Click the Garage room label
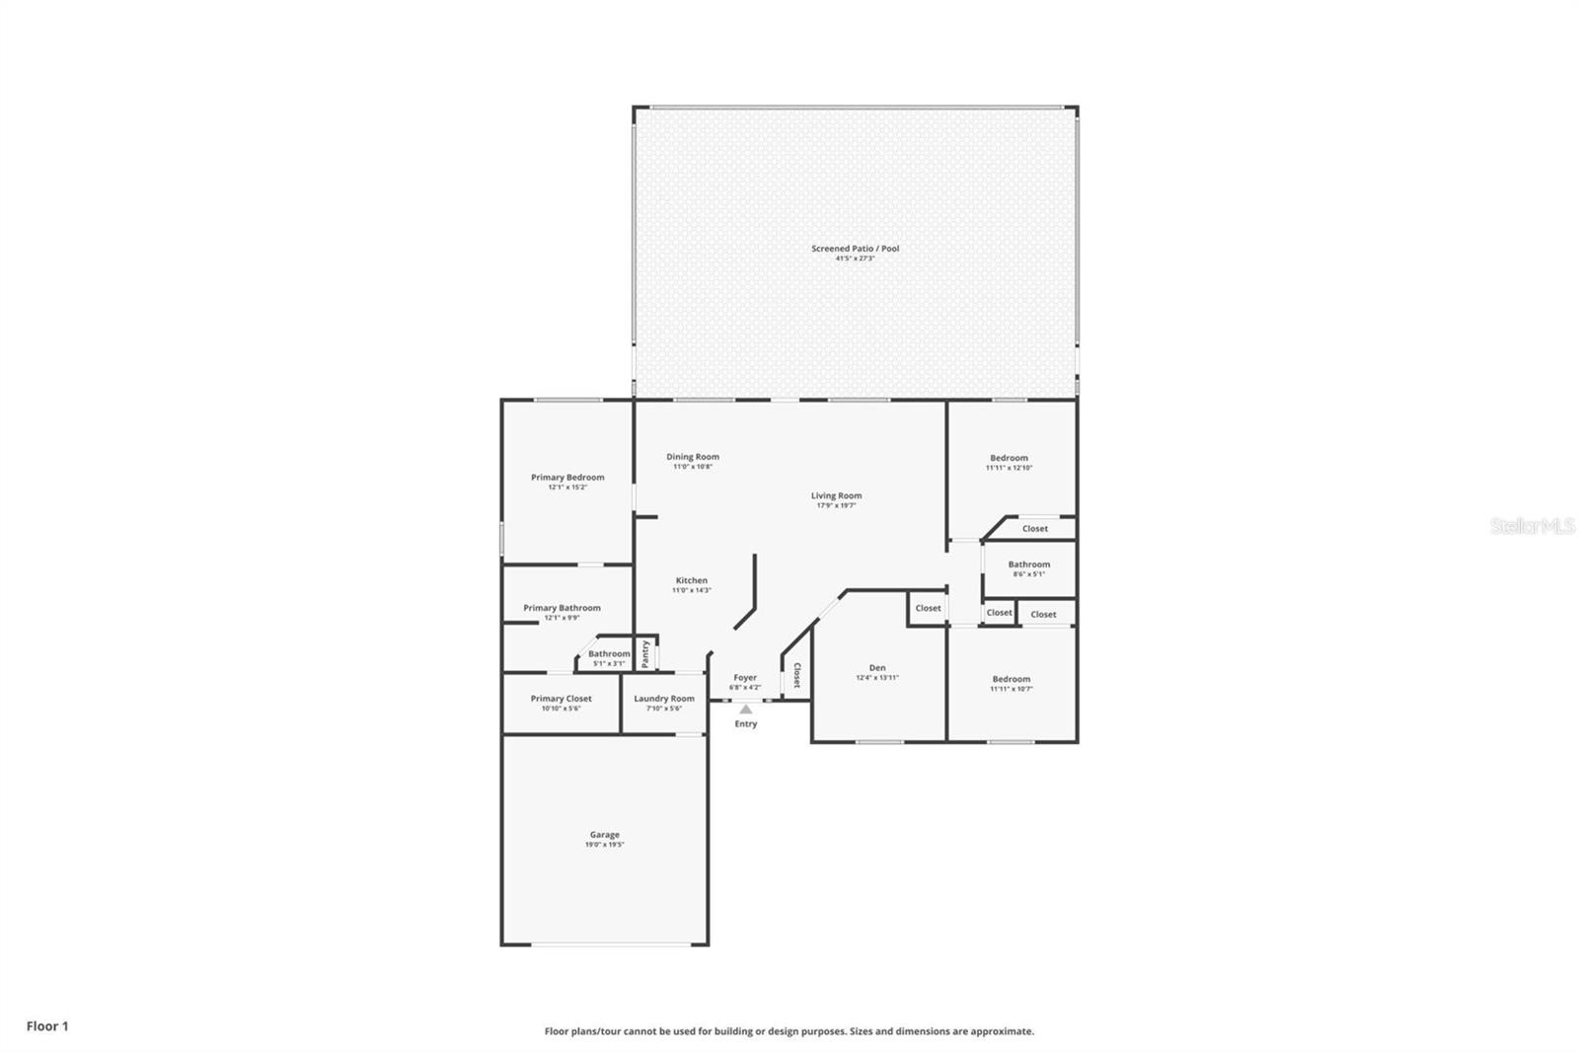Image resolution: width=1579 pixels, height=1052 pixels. coord(604,835)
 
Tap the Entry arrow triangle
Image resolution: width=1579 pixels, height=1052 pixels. coord(746,709)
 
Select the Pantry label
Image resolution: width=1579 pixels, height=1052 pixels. coord(645,653)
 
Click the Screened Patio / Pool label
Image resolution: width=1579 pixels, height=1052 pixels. coord(855,249)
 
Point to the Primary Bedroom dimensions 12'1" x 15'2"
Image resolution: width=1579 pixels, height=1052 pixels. coord(567,488)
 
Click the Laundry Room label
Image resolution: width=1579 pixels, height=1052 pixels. coord(663,699)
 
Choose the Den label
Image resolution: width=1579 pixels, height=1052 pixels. coord(876,668)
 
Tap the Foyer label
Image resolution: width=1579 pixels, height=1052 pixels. coord(745,678)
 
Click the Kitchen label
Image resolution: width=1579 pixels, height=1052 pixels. coord(691,581)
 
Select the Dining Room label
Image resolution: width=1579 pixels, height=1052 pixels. coord(692,457)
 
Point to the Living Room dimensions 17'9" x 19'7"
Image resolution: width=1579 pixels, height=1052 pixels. coord(836,505)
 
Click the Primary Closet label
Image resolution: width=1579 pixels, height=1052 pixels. coord(561,699)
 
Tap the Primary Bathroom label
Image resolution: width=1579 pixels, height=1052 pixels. coord(562,608)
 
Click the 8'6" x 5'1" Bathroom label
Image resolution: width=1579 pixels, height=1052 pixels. coord(1028,564)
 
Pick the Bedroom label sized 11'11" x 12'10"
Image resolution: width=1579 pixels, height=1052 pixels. coord(1009,458)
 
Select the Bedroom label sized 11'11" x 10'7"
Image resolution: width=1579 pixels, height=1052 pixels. coord(1011,679)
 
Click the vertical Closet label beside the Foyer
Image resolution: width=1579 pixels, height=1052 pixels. coord(796,675)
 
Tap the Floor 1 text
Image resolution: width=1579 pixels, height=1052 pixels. coord(47,1026)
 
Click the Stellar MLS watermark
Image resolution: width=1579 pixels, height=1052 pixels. coord(1532,526)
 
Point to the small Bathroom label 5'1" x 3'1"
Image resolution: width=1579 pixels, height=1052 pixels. coord(609,653)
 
